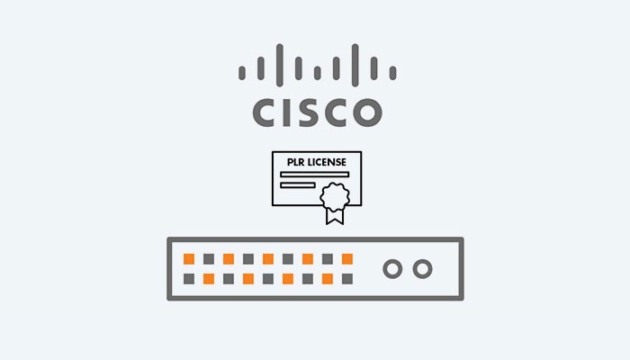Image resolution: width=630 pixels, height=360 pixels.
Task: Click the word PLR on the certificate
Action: pyautogui.click(x=296, y=162)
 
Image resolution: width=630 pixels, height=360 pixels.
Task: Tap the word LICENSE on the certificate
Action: pyautogui.click(x=327, y=162)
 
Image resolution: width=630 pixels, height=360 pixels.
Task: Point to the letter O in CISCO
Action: pyautogui.click(x=367, y=112)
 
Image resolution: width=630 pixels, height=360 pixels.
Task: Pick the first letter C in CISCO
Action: pyautogui.click(x=265, y=112)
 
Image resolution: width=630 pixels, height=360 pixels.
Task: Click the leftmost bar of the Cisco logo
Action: pyautogui.click(x=242, y=73)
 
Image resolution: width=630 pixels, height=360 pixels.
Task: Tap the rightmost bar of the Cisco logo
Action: pyautogui.click(x=393, y=73)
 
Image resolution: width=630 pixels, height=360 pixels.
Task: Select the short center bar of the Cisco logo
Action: pyautogui.click(x=318, y=73)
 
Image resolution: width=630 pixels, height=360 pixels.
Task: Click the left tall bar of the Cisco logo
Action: pyautogui.click(x=280, y=65)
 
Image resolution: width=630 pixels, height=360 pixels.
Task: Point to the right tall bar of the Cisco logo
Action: pyautogui.click(x=355, y=65)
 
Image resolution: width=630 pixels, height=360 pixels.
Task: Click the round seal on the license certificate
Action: pyautogui.click(x=335, y=196)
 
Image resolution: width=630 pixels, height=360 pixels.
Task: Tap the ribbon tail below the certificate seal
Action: pyautogui.click(x=335, y=216)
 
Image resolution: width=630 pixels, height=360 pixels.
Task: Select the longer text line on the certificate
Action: pyautogui.click(x=315, y=175)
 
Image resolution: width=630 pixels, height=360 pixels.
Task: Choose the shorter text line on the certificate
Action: pyautogui.click(x=298, y=185)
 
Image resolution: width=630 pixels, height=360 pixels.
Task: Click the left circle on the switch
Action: pyautogui.click(x=392, y=269)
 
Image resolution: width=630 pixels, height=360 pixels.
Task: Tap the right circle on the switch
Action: pyautogui.click(x=423, y=269)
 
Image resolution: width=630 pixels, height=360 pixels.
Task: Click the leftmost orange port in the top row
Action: pyautogui.click(x=189, y=259)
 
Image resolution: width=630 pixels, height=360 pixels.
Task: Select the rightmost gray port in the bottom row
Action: pyautogui.click(x=347, y=279)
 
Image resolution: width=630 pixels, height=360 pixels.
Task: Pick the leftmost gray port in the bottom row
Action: pyautogui.click(x=189, y=279)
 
